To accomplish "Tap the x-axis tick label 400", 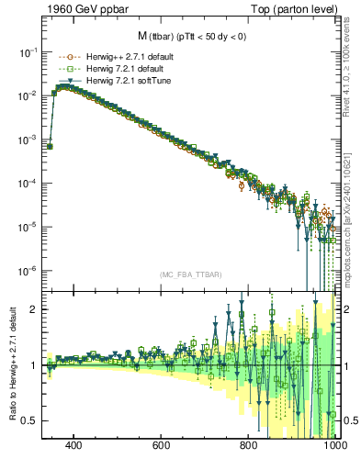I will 74,445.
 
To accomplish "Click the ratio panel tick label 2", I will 32,309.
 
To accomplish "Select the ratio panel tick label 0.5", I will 28,420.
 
